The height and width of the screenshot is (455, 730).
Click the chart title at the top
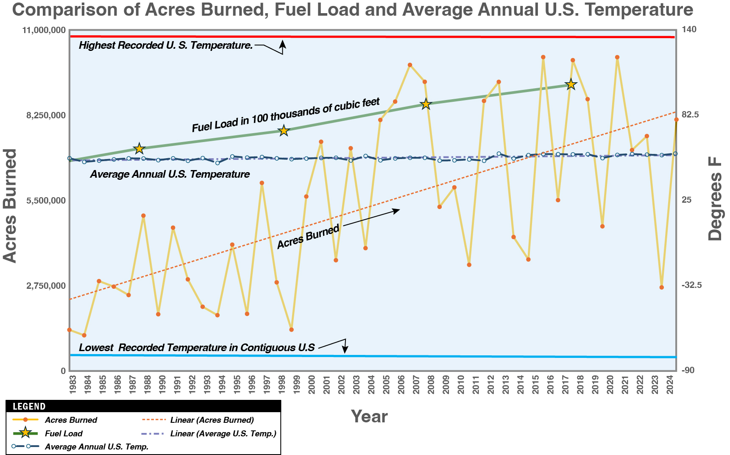tap(352, 10)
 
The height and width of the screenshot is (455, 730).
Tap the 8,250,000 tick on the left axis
tap(46, 115)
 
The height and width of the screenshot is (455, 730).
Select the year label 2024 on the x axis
tap(670, 384)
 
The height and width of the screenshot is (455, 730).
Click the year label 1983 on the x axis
tap(72, 384)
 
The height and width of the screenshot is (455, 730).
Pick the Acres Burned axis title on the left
tap(10, 206)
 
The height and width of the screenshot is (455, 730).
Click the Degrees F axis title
tap(716, 198)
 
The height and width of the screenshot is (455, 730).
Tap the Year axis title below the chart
tap(369, 417)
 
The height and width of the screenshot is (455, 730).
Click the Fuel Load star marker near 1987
tap(139, 148)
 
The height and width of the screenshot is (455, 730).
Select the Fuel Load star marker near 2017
tap(571, 84)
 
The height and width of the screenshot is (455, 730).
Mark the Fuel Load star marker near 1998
tap(284, 131)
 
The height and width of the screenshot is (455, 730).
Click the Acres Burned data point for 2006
tap(410, 65)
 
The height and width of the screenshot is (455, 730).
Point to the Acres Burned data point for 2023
tap(661, 288)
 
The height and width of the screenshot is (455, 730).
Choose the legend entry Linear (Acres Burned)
tap(212, 420)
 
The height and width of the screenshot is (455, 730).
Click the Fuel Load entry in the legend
tap(64, 433)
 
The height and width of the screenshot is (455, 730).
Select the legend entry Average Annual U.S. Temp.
tap(97, 447)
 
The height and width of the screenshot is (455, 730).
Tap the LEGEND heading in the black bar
tap(29, 406)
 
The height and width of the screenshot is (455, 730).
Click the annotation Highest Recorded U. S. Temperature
tap(166, 45)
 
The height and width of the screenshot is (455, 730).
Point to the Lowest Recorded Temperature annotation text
tap(197, 348)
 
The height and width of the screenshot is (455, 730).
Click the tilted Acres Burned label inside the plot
tap(308, 237)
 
